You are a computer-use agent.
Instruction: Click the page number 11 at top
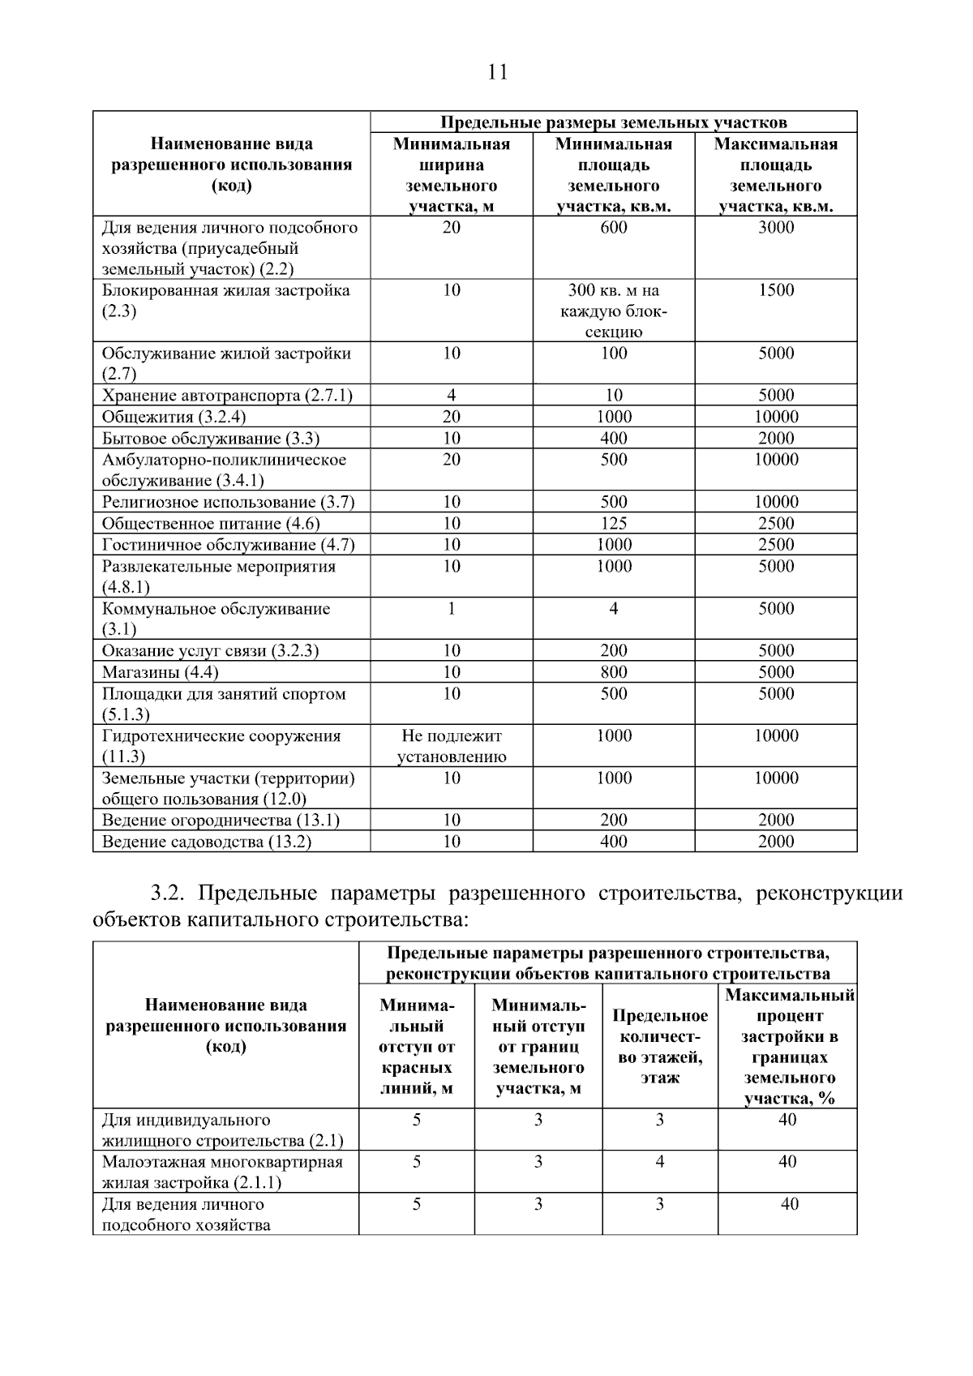(x=498, y=72)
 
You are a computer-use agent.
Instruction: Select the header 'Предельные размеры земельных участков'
(x=613, y=122)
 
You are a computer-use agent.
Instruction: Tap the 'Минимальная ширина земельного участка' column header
(x=452, y=175)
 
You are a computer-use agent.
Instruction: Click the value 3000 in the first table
(x=775, y=228)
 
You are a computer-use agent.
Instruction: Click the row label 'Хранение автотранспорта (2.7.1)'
(x=227, y=396)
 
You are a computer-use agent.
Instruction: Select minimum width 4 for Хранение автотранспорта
(x=452, y=396)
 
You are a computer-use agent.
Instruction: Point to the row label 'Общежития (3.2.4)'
(x=174, y=417)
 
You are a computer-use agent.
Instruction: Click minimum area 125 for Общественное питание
(x=613, y=524)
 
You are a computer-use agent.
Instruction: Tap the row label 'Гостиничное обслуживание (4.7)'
(x=228, y=545)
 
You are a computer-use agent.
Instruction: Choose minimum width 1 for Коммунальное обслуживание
(x=452, y=609)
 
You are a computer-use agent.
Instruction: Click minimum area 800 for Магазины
(x=613, y=672)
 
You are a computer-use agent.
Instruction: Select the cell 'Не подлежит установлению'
(x=452, y=746)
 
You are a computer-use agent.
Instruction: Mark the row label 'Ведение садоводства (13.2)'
(x=206, y=842)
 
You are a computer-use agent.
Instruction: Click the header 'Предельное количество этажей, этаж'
(x=659, y=1047)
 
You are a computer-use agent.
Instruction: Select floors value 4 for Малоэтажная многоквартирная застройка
(x=659, y=1162)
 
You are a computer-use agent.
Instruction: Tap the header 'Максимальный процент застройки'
(x=788, y=1047)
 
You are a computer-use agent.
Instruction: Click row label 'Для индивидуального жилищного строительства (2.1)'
(x=222, y=1130)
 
